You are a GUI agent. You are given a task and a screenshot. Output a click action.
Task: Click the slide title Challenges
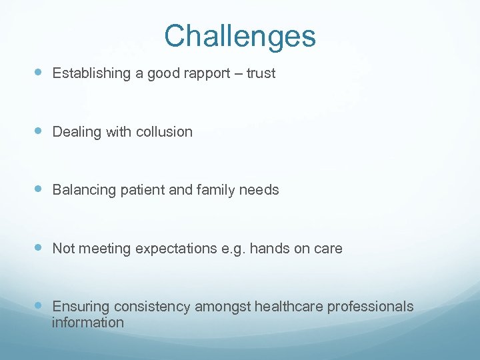point(240,36)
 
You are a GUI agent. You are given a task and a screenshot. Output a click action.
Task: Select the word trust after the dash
point(261,73)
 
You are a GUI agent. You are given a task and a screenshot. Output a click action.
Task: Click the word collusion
point(164,132)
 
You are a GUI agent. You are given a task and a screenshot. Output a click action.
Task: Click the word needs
point(261,190)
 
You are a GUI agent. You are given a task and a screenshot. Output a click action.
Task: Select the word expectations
point(176,249)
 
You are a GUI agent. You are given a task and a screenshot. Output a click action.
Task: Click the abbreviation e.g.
point(233,249)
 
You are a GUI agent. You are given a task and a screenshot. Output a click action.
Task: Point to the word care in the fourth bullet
point(328,249)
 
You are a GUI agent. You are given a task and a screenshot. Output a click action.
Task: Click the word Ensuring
point(81,307)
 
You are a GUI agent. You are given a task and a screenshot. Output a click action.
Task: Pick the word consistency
point(153,307)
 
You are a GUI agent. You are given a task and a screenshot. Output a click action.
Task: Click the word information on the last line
point(88,323)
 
